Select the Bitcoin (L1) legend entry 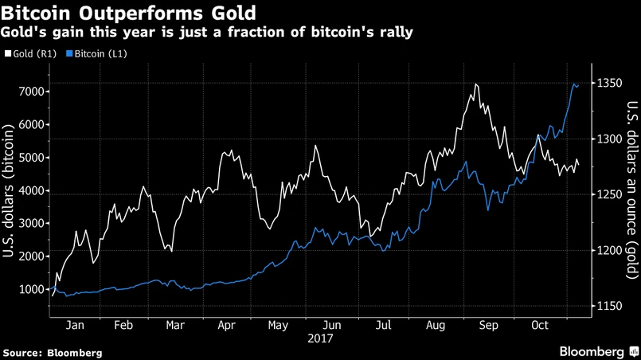point(97,53)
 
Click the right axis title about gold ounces point(631,191)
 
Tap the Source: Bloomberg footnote point(53,351)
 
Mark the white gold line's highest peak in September point(475,84)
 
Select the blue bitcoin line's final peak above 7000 point(576,83)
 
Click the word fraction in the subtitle point(222,33)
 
